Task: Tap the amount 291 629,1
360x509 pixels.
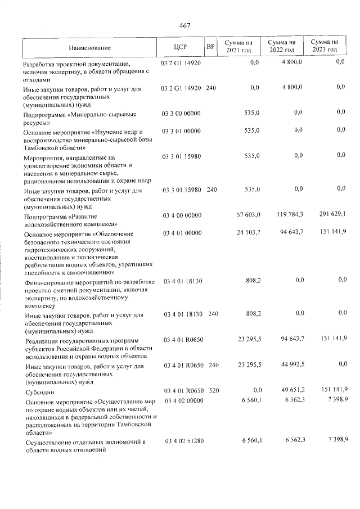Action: [x=330, y=214]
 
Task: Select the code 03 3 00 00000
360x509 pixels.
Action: [x=181, y=113]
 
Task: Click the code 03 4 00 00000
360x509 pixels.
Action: [x=181, y=214]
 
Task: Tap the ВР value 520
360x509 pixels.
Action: [x=211, y=389]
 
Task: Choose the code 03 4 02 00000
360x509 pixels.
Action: [x=181, y=400]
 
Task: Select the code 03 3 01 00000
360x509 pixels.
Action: [x=181, y=130]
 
